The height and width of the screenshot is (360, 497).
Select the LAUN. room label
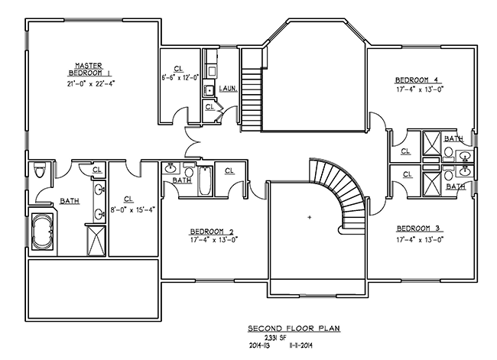[227, 89]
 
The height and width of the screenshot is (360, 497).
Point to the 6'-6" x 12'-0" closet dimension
[180, 77]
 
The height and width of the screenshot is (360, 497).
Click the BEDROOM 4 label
[417, 79]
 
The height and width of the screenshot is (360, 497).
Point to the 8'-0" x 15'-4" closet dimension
[132, 209]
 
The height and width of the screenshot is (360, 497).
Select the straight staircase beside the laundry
[251, 96]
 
